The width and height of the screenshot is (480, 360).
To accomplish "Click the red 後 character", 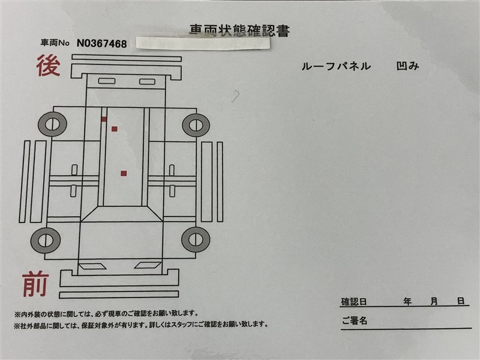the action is pyautogui.click(x=49, y=65).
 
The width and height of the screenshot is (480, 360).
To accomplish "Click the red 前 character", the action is pyautogui.click(x=36, y=284).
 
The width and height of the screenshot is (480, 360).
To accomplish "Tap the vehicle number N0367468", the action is pyautogui.click(x=101, y=43).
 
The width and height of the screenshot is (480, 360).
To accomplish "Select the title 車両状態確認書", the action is pyautogui.click(x=239, y=31).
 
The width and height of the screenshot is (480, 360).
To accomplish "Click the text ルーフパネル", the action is pyautogui.click(x=336, y=66).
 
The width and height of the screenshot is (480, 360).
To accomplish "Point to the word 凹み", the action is pyautogui.click(x=407, y=66).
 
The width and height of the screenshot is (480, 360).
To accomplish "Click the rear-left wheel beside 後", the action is pyautogui.click(x=52, y=124).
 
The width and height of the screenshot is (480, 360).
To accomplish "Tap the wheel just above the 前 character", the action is pyautogui.click(x=46, y=241).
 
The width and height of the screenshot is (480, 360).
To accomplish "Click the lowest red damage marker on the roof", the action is pyautogui.click(x=124, y=173).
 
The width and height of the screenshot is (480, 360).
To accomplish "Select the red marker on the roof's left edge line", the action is pyautogui.click(x=104, y=119).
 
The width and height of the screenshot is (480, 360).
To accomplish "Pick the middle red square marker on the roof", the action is pyautogui.click(x=115, y=129).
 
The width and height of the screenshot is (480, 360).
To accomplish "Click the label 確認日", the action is pyautogui.click(x=354, y=302).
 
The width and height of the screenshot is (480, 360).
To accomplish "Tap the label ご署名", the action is pyautogui.click(x=355, y=321).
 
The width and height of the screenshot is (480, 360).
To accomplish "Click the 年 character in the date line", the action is pyautogui.click(x=407, y=302).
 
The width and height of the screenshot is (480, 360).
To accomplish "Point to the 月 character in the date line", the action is pyautogui.click(x=434, y=302).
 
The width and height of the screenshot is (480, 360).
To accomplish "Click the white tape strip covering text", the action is pyautogui.click(x=203, y=43).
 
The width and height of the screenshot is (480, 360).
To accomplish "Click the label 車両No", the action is pyautogui.click(x=55, y=43).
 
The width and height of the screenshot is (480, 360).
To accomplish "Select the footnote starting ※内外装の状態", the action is pyautogui.click(x=106, y=314).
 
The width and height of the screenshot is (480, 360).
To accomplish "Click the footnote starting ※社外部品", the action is pyautogui.click(x=141, y=325).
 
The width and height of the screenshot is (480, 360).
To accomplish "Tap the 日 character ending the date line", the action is pyautogui.click(x=461, y=301).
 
